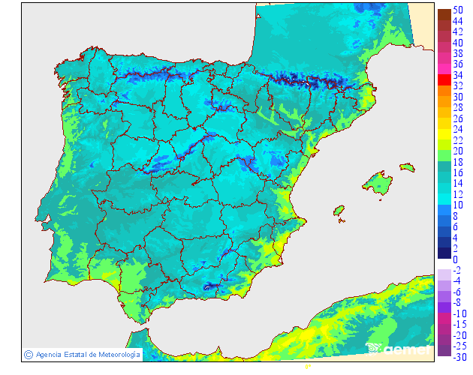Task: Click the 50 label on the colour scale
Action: pos(456,10)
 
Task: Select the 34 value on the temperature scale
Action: pos(456,76)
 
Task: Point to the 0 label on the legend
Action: pos(455,259)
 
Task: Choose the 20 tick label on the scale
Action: pos(456,151)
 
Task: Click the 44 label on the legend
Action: pos(456,22)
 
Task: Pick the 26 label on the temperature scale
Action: pos(456,118)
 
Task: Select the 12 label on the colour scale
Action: pos(456,194)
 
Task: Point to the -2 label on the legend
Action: pos(456,270)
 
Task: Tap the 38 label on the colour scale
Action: pos(456,54)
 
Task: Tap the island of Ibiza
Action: pos(339,211)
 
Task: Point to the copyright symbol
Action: pos(28,354)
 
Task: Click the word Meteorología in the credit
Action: pos(114,354)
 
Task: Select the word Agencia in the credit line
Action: pos(50,354)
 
